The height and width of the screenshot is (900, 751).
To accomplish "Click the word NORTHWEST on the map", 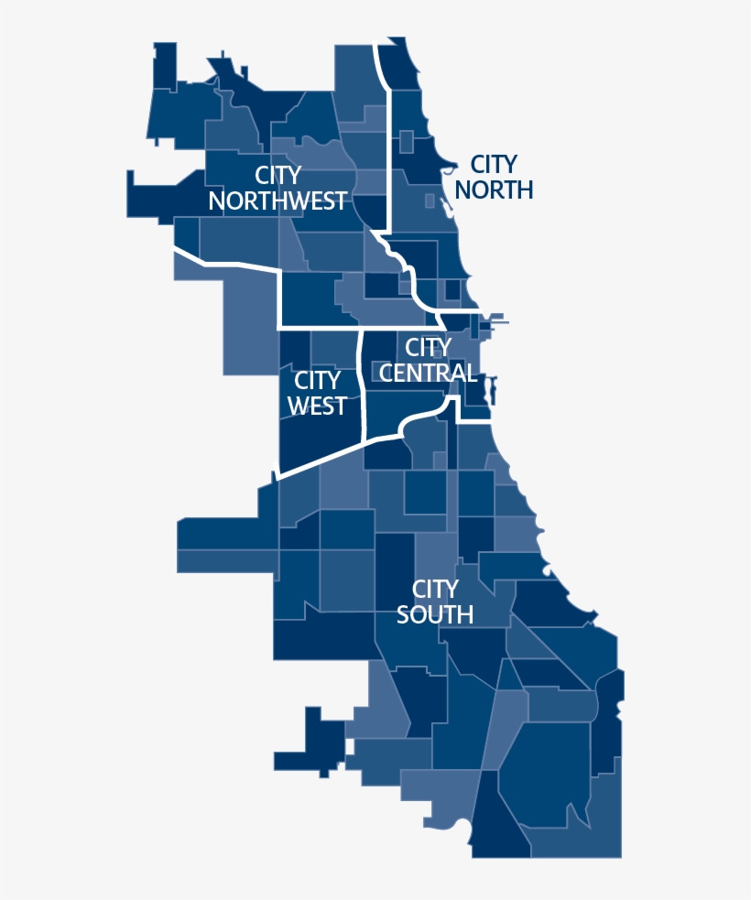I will pos(278,201).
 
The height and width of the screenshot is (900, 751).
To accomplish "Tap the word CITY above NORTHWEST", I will pos(278,175).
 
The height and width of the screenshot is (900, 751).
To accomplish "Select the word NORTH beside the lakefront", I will pos(494,190).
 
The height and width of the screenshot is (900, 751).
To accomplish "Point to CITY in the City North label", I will pos(494,165).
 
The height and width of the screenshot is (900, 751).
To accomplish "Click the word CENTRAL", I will pos(428,373).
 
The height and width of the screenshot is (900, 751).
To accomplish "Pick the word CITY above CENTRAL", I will pos(428,348).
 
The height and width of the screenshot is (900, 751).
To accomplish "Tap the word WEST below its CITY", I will pos(317,406).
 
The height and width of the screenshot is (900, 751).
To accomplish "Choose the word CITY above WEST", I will pos(317,380).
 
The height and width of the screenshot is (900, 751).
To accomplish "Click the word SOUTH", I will pos(435,614).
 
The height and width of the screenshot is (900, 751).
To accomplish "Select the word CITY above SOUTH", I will pos(435,589).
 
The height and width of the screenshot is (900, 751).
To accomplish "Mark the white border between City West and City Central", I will pos(362,385).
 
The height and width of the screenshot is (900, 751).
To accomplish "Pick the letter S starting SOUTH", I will pos(403,614).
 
